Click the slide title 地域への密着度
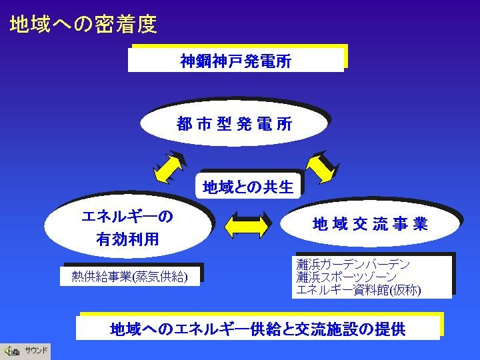pos(83,25)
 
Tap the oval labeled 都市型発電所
pos(234,124)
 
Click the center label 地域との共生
pos(248,187)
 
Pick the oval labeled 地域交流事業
pos(370,224)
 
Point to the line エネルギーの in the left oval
pos(127,217)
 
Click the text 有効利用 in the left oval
pos(127,239)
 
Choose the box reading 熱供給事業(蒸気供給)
pos(130,277)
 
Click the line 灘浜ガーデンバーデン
pos(353,264)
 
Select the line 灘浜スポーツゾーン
pos(346,277)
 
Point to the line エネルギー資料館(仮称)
pos(359,290)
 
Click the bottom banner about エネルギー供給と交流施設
pos(258,329)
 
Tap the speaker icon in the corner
pos(12,351)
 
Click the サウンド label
pos(37,350)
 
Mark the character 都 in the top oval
pos(184,124)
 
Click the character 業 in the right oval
pos(420,224)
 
